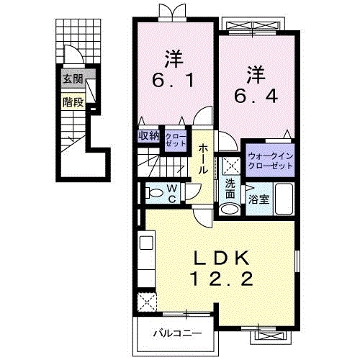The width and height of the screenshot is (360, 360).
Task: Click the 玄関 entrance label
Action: (73, 78)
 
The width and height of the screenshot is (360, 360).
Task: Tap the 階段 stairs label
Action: (73, 102)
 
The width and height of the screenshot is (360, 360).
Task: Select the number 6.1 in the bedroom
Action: (173, 81)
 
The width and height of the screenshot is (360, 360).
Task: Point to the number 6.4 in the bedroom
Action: (256, 96)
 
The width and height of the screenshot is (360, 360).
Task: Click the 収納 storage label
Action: (149, 136)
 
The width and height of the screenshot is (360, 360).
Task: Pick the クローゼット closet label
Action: (176, 140)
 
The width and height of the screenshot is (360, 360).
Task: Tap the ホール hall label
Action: (203, 159)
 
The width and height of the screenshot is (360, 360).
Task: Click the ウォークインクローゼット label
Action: (271, 161)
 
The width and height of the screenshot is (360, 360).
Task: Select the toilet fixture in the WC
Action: (154, 193)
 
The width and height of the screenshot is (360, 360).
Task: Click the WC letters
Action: (172, 194)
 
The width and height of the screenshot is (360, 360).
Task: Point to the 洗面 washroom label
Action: (230, 189)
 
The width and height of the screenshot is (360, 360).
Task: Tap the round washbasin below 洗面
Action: (230, 209)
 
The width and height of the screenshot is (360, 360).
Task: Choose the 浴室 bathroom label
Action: (258, 199)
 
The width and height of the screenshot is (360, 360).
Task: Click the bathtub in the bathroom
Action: (284, 199)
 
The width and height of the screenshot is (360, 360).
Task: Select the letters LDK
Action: (221, 258)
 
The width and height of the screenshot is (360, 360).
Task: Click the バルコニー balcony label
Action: (178, 333)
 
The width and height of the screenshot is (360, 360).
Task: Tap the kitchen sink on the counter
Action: (146, 243)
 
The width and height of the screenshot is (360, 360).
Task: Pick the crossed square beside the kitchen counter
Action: (147, 302)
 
